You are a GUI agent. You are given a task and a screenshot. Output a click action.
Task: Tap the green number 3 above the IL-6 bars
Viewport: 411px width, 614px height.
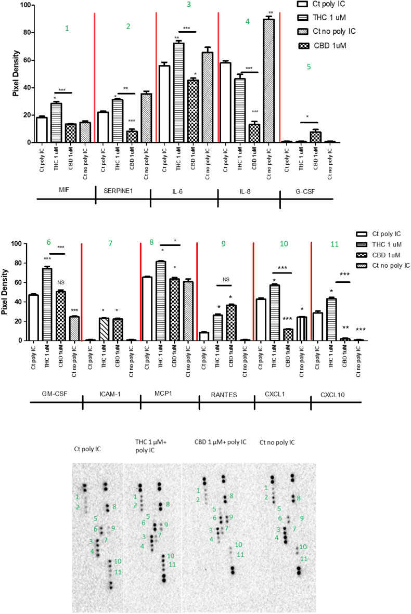[x=188, y=5]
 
